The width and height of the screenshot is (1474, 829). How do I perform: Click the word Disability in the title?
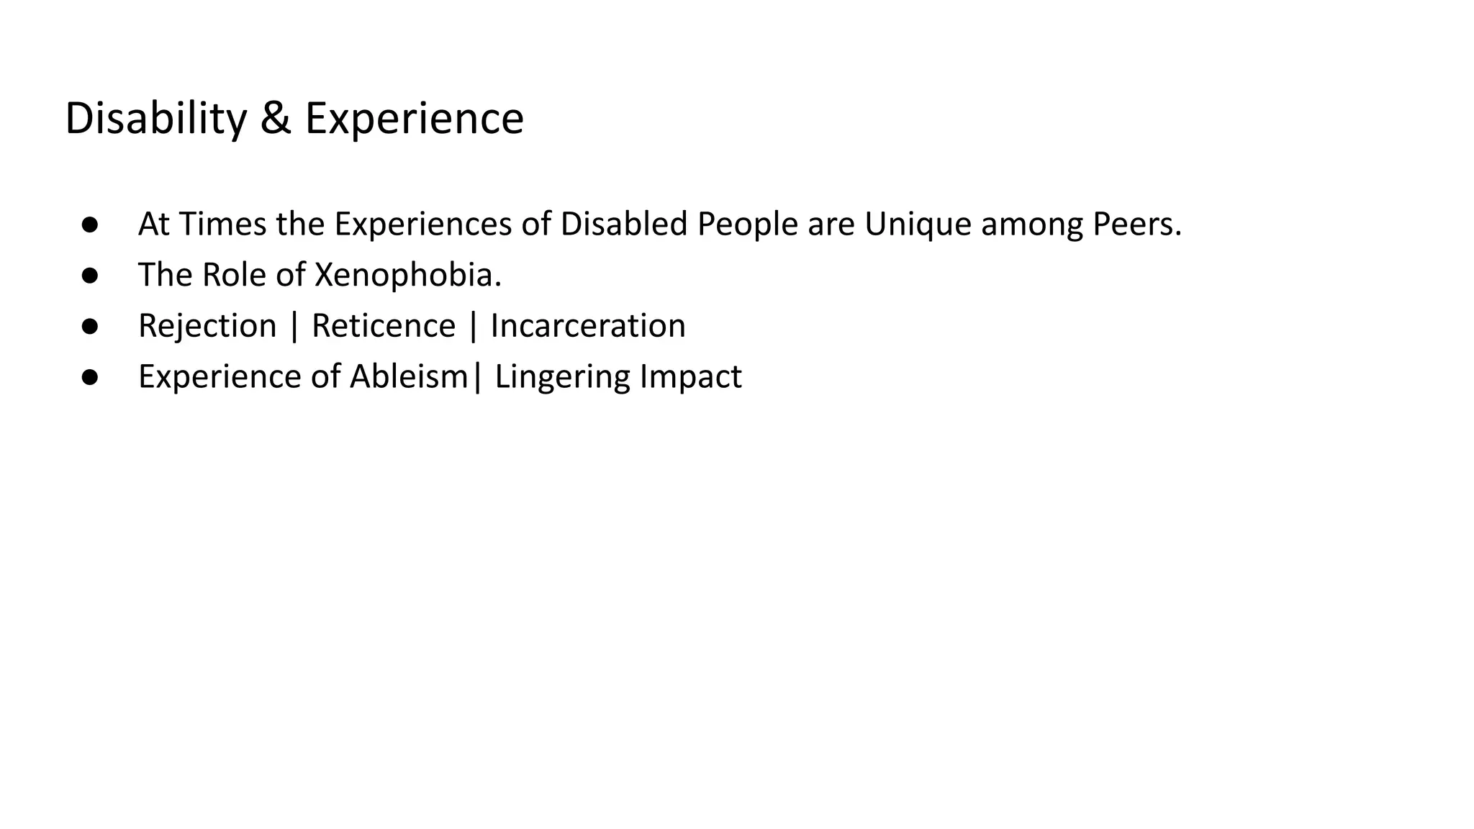pos(155,119)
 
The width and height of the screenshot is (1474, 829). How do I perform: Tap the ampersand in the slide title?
pos(276,119)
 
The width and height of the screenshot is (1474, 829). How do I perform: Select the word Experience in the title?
pos(414,119)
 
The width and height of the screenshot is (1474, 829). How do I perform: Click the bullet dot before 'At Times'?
pos(90,224)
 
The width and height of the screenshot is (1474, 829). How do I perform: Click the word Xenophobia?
pos(408,275)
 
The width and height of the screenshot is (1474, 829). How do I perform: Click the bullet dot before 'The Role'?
pos(90,275)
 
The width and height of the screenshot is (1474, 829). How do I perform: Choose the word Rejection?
pos(207,326)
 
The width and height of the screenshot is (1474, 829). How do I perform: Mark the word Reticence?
pos(384,326)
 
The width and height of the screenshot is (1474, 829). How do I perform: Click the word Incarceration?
pos(588,326)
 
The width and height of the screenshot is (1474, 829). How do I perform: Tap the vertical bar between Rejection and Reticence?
pos(294,326)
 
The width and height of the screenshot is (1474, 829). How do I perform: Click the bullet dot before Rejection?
pos(90,326)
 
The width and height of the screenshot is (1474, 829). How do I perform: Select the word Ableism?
pos(409,376)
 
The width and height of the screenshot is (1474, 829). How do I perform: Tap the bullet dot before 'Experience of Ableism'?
pos(90,377)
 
